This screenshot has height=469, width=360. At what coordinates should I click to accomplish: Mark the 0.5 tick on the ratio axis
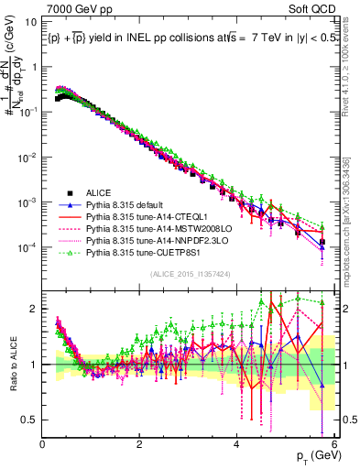click(x=30, y=420)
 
